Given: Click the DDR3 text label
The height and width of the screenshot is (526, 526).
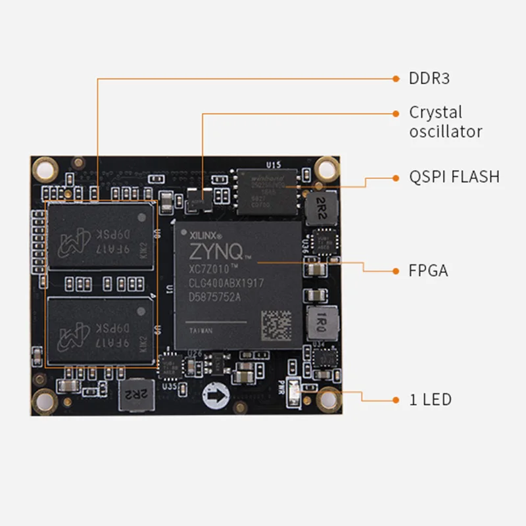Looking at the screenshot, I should coord(429,79).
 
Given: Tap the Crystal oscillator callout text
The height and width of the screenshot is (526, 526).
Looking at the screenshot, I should coord(445,122).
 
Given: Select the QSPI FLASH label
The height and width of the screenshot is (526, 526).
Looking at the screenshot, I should coord(454,177).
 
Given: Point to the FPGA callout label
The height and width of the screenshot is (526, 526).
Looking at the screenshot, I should coord(428,270).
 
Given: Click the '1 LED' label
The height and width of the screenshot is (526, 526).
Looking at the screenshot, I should coord(430,399).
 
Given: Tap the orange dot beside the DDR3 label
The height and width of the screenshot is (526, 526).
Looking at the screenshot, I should coord(396,79).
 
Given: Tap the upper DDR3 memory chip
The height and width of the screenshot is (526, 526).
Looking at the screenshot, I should coord(101,237).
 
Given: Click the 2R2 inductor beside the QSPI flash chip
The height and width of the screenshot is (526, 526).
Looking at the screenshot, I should coord(322,204).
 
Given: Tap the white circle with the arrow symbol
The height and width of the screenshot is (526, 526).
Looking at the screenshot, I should coord(215,395).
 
